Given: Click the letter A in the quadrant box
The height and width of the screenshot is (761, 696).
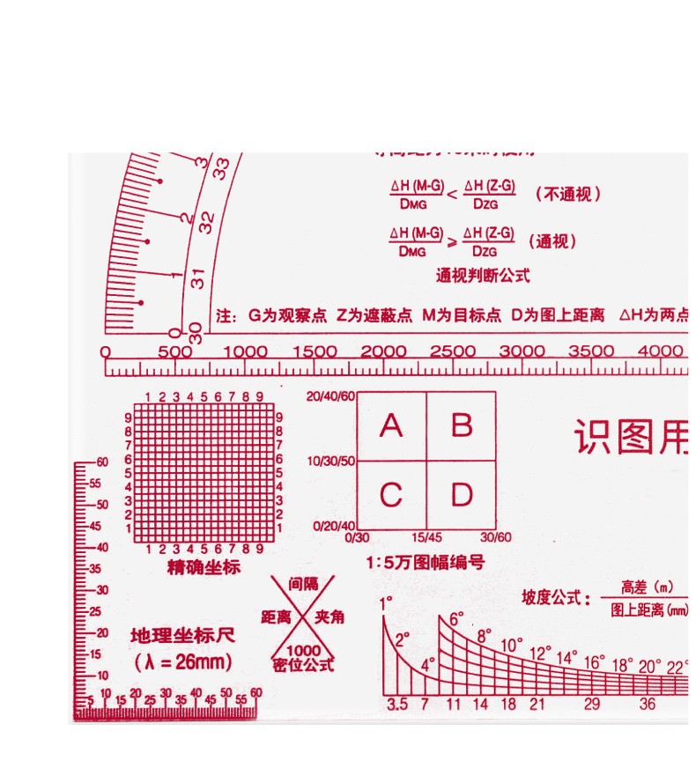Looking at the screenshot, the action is pos(390,426).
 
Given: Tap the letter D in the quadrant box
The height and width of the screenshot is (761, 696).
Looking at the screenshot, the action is pos(462,495).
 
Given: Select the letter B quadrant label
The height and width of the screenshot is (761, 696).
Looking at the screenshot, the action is pos(462,426).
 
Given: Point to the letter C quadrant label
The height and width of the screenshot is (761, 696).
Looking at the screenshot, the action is pos(390,495).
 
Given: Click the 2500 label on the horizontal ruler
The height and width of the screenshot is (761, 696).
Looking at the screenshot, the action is pos(452,351).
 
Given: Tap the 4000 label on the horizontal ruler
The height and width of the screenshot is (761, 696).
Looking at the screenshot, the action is pos(661,351).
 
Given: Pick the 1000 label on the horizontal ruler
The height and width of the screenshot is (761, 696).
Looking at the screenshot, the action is pos(244,351).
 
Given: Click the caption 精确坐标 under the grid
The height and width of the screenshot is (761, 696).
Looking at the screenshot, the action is pos(204,567).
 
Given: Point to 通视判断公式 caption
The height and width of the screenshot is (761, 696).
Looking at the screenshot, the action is pos(483,275).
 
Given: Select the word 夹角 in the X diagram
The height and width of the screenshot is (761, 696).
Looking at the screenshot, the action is pos(329,617).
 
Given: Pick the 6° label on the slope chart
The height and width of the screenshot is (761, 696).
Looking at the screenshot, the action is pos(456,619).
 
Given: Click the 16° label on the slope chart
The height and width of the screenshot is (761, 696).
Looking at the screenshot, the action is pos(594,661).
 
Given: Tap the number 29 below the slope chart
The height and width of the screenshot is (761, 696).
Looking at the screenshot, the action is pos(592,704).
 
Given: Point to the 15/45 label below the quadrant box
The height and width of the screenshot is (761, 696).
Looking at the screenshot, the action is pos(426,537).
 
